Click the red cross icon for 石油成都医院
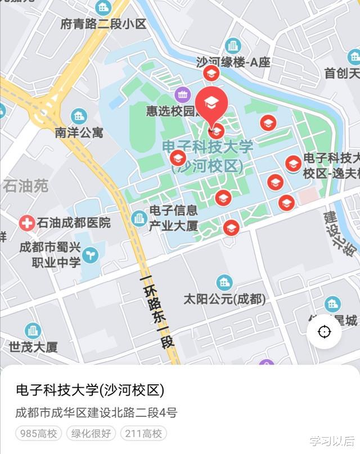tap(26, 223)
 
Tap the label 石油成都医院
tap(74, 223)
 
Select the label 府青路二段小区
tap(103, 24)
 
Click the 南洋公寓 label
tap(79, 133)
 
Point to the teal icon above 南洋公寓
tap(79, 116)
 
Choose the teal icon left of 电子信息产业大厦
tap(139, 218)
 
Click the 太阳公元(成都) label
tap(224, 299)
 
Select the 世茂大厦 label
tap(33, 347)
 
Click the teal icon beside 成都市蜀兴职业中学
tap(90, 255)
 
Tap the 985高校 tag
tap(38, 433)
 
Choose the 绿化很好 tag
tap(91, 433)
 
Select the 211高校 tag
tap(143, 433)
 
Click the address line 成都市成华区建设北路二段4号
tap(96, 413)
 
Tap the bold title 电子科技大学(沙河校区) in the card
tap(90, 390)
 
